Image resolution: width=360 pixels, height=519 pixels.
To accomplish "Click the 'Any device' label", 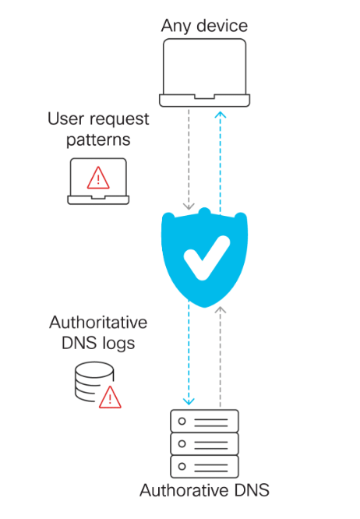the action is click(x=204, y=26).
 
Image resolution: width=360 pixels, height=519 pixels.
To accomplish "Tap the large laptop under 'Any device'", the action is click(x=204, y=72).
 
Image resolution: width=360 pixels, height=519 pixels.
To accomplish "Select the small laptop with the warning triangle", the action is click(x=98, y=182).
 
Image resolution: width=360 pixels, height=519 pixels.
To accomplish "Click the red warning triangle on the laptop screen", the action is click(x=98, y=178).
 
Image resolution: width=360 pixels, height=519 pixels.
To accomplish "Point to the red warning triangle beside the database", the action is click(x=110, y=397).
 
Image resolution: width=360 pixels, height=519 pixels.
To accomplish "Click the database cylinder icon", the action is click(x=94, y=381).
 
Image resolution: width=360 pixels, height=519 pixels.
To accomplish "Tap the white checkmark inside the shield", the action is click(x=206, y=258).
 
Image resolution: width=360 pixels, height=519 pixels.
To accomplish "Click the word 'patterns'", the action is click(x=98, y=140).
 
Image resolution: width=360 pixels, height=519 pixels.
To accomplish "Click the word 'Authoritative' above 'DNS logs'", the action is click(x=98, y=323).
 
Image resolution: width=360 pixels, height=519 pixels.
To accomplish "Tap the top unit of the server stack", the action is click(x=204, y=421).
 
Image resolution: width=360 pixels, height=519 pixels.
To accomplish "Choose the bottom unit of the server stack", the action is click(x=204, y=467).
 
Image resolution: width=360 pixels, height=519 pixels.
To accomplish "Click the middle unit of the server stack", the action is click(x=204, y=444).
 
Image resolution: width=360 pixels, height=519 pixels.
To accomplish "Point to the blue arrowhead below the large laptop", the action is click(x=221, y=115).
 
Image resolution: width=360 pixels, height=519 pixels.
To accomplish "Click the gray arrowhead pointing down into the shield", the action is click(x=189, y=207).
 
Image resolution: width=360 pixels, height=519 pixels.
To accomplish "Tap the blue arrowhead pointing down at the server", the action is click(x=189, y=401).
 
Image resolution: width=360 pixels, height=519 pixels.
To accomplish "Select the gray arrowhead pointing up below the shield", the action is click(x=221, y=310).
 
